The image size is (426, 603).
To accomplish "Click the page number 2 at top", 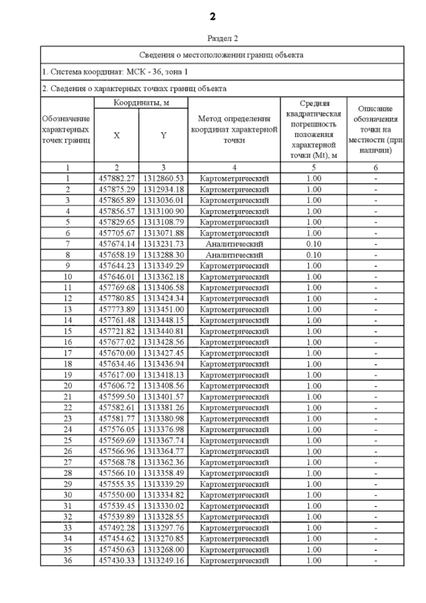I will coord(212,16).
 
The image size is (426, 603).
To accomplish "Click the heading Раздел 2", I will coord(222,38).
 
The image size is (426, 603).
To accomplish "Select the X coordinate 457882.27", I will coord(116,178).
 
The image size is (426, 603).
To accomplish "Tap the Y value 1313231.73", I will coord(163,244).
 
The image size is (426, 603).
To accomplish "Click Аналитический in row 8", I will coord(234,255).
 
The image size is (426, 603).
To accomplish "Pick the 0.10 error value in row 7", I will coord(313,244).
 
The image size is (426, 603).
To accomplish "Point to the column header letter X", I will coord(116,135).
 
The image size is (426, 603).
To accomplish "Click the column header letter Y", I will coord(163,135).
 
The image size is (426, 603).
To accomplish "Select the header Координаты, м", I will coord(141,103).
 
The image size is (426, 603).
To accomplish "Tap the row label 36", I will coord(67,561).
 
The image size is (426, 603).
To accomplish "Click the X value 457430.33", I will coord(116,561).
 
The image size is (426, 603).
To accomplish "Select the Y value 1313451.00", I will coord(163,309).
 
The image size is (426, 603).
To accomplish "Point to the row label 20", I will coord(67,386).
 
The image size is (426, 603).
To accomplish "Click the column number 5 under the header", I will coord(313,167).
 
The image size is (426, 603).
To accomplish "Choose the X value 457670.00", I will coord(116,353).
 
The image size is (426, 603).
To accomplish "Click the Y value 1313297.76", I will coord(163,528).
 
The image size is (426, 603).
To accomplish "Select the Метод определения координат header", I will coord(234,129).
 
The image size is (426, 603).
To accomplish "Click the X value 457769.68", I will coord(116,287).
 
